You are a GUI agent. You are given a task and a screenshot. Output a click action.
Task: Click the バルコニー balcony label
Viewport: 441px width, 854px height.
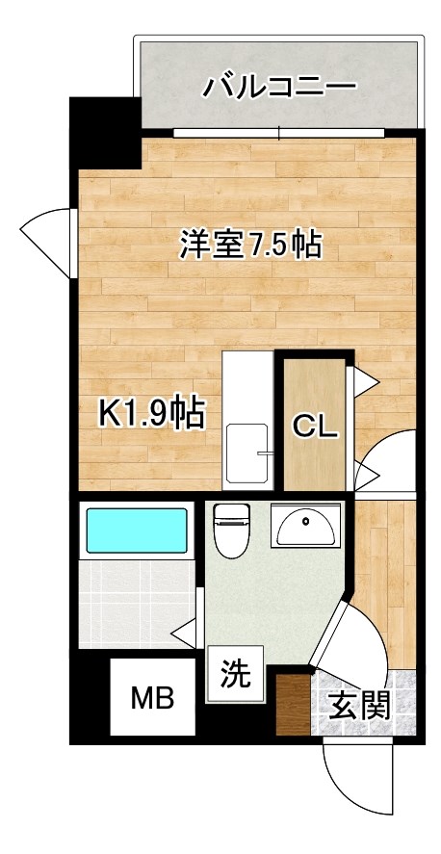click(279, 88)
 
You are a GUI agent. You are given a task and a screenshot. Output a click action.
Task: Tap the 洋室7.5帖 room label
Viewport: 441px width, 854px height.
click(249, 246)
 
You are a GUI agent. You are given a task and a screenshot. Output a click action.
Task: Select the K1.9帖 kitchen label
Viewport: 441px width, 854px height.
click(152, 414)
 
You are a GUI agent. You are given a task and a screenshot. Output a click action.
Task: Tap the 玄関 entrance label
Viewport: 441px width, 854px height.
click(361, 707)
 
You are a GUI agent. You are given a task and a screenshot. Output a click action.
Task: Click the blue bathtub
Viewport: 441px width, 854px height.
click(137, 531)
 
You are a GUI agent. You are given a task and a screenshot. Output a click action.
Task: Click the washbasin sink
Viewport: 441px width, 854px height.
click(304, 526)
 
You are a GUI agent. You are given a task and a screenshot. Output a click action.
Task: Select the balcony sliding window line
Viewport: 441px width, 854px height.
click(279, 133)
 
